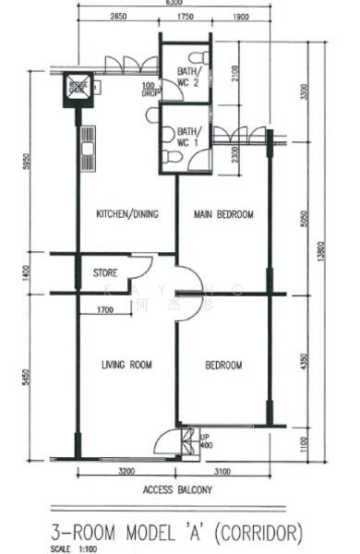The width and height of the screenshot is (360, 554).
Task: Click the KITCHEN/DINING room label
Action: [x=127, y=214]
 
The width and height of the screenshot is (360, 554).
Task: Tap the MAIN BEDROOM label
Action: [x=223, y=214]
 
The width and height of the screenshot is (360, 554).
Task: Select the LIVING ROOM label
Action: [x=126, y=366]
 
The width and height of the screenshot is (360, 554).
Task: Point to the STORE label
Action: [x=106, y=273]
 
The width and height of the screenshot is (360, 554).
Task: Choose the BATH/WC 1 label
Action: [x=187, y=138]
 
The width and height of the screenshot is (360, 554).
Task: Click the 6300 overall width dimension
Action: [x=174, y=4]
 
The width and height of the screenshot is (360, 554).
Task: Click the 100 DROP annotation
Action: [x=149, y=90]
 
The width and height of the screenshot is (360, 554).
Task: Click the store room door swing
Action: [x=139, y=268]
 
